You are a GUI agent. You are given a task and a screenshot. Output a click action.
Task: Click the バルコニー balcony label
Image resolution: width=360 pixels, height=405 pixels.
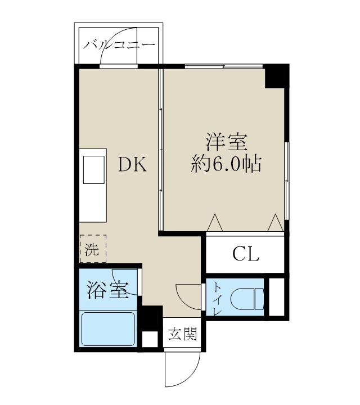coord(119,46)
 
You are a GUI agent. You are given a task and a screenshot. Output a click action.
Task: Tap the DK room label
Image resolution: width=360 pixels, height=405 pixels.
coord(132,165)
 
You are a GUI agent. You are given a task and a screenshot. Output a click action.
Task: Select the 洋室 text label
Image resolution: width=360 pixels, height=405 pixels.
coord(226,141)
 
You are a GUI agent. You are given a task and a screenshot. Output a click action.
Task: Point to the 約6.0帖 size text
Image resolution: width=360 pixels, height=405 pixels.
coord(226,164)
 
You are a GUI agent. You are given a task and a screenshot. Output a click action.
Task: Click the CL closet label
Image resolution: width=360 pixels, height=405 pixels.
coord(246,255)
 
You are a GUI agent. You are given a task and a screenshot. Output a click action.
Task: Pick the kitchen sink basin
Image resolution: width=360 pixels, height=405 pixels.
coord(94,170)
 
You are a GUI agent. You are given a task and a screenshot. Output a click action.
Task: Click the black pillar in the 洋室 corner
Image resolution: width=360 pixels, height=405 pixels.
coord(276,76)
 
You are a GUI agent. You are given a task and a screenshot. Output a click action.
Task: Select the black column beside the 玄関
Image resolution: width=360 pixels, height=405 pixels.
coord(150,318)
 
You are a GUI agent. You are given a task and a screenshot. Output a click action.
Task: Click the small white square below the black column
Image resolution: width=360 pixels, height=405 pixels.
coord(150,339)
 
